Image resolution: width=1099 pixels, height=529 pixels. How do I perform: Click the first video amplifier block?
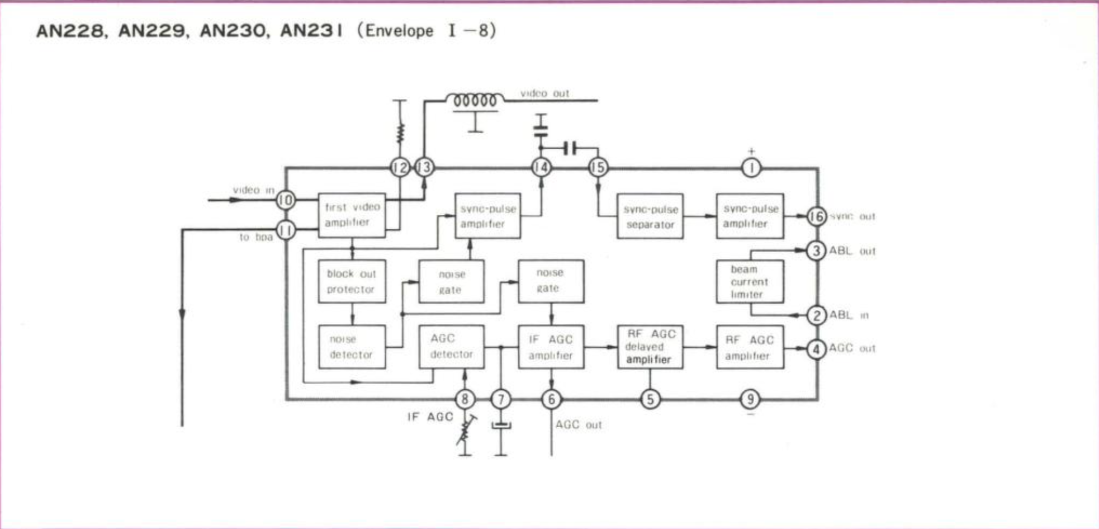click(x=352, y=215)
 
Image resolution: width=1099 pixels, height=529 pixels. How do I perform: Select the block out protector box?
click(x=352, y=281)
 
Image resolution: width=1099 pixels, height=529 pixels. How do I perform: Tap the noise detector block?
click(x=352, y=347)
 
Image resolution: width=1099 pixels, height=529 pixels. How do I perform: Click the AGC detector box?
click(x=451, y=347)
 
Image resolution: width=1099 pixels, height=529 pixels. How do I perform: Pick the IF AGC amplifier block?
click(x=551, y=347)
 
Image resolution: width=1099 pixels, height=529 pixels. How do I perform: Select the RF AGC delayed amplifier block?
click(x=650, y=347)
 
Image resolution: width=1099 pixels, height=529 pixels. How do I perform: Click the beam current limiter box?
click(x=750, y=281)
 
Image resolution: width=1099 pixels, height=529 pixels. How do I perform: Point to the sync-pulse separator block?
click(x=650, y=216)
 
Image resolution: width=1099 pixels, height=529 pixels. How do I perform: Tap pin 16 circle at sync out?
click(x=816, y=216)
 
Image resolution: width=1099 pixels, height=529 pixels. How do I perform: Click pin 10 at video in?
click(x=286, y=200)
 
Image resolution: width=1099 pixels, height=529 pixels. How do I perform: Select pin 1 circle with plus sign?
click(x=751, y=168)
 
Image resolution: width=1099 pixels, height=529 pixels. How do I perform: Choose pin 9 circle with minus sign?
click(x=750, y=399)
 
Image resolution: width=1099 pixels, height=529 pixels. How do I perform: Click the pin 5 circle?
click(x=650, y=399)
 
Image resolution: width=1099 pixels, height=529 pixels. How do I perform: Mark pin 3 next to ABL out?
click(x=816, y=251)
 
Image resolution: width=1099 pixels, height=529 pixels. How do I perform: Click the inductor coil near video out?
click(x=475, y=101)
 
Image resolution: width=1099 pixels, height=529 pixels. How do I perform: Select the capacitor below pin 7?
click(x=501, y=426)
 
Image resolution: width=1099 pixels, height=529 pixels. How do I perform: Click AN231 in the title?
click(x=311, y=31)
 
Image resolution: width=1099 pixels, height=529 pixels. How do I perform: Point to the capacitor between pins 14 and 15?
click(x=570, y=149)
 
